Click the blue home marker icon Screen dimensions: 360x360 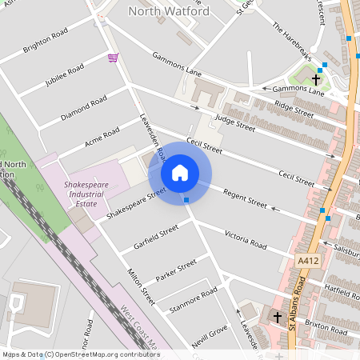click(x=180, y=173)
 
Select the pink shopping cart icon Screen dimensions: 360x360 click(x=113, y=58)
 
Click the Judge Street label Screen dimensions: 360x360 click(x=234, y=122)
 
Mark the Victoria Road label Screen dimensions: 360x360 click(x=246, y=238)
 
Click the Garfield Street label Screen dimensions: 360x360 click(x=156, y=237)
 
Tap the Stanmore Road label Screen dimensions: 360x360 click(x=194, y=301)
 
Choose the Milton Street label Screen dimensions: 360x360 click(x=141, y=287)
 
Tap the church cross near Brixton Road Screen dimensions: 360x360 click(x=278, y=318)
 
